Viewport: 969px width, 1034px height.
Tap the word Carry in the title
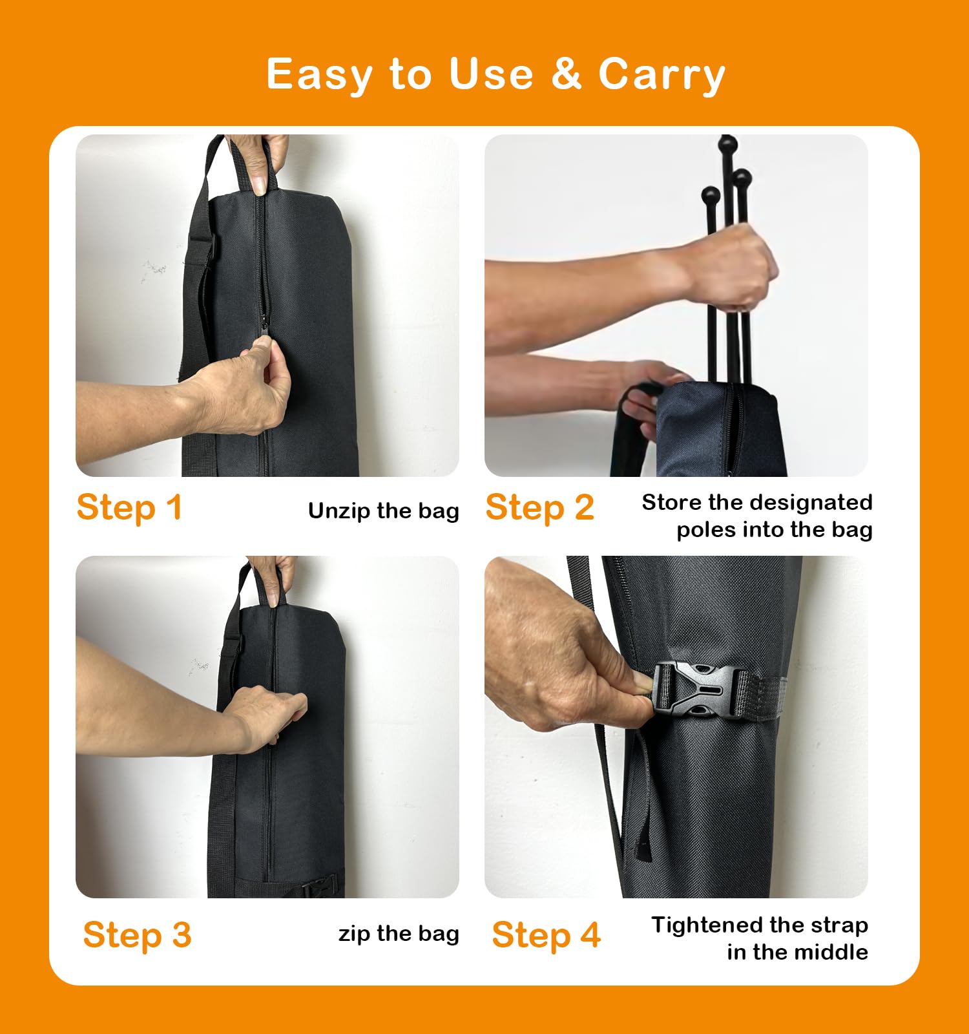[662, 74]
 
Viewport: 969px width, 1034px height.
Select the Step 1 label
[129, 507]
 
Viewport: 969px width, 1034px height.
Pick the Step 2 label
[539, 507]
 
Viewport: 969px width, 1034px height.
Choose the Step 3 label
[137, 935]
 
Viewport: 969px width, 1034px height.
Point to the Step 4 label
[546, 935]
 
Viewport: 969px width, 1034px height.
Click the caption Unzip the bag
[383, 511]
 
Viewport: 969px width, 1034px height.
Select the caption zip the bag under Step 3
[399, 933]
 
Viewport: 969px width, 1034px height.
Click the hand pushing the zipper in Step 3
[271, 714]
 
